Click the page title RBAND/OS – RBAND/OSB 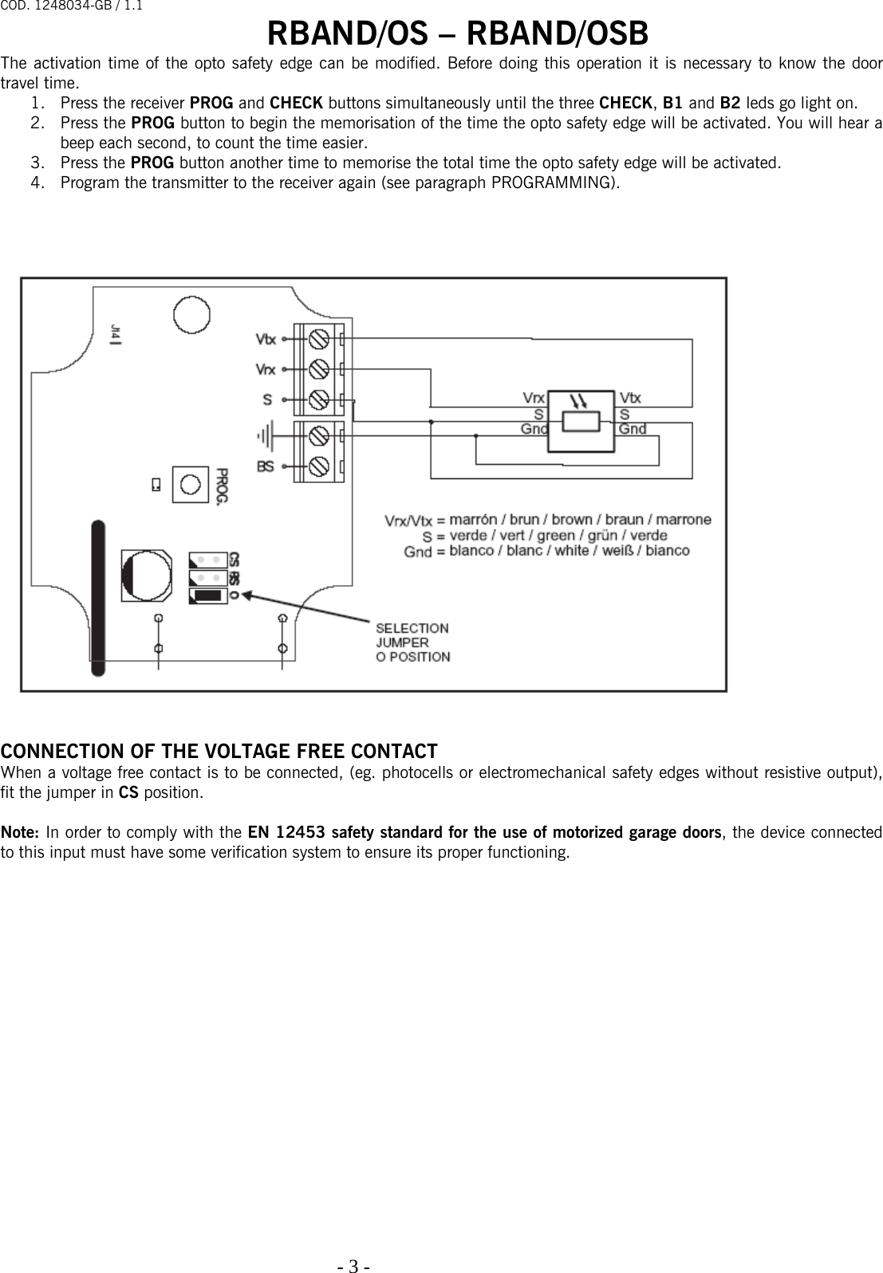pyautogui.click(x=457, y=34)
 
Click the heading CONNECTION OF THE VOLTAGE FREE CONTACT pyautogui.click(x=219, y=751)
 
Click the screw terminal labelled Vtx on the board pyautogui.click(x=319, y=339)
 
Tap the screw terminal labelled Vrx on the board pyautogui.click(x=319, y=369)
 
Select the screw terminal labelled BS pyautogui.click(x=319, y=466)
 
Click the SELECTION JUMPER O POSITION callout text pyautogui.click(x=412, y=642)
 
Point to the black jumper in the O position pyautogui.click(x=208, y=595)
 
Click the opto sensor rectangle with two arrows pyautogui.click(x=581, y=420)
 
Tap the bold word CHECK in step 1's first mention pyautogui.click(x=296, y=103)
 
